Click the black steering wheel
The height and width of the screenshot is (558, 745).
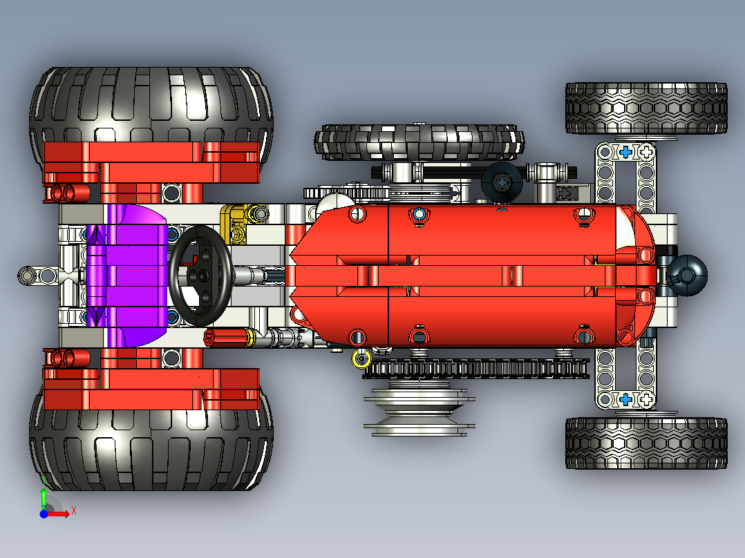[200, 276]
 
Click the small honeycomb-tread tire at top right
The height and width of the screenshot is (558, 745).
[646, 108]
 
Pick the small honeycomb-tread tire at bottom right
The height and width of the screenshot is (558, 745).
[646, 443]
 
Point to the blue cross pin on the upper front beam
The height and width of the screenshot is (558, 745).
[626, 151]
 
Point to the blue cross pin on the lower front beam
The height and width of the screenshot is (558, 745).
[626, 399]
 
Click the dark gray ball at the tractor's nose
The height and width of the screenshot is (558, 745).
[688, 274]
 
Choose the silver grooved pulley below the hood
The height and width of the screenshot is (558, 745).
[418, 411]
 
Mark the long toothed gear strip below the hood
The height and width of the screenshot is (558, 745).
[477, 369]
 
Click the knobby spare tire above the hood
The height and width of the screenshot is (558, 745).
[417, 142]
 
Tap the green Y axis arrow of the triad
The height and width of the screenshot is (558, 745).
[43, 497]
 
